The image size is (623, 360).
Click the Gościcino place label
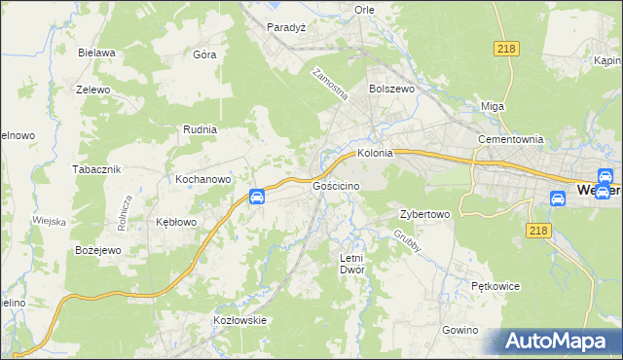(337, 185)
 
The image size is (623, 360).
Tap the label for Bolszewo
(391, 88)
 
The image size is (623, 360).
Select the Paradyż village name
(286, 27)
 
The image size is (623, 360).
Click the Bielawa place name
(97, 53)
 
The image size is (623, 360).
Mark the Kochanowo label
(202, 179)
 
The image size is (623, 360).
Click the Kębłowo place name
(176, 222)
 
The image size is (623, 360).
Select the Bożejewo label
(97, 250)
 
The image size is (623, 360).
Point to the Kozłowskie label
(239, 319)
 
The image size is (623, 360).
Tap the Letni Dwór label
(350, 264)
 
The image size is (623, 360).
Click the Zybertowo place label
(424, 214)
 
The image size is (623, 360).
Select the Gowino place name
(460, 330)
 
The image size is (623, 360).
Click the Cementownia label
(509, 139)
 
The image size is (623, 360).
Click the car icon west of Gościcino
(257, 198)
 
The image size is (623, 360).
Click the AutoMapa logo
(558, 341)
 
